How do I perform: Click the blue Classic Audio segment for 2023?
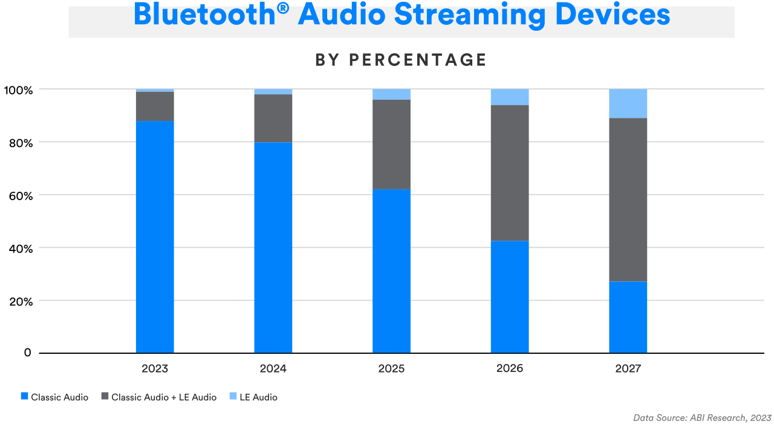coord(155,236)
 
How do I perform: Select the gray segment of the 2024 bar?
coord(273,119)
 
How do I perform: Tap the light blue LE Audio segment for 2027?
coord(628,103)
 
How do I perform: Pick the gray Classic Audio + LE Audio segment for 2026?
coord(510,173)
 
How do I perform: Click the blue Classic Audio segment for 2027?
coord(628,317)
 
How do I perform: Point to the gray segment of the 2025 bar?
coord(391,145)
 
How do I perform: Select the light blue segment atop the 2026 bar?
coord(510,97)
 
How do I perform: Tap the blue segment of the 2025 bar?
coord(391,271)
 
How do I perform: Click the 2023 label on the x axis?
coord(155,368)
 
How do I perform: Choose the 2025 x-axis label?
coord(391,368)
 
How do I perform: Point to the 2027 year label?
coord(628,368)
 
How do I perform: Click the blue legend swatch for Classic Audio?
coord(24,397)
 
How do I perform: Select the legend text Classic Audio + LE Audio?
coord(164,397)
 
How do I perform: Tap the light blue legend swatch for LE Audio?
coord(233,397)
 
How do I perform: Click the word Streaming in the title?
coord(469,15)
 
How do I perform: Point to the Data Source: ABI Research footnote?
coord(702,417)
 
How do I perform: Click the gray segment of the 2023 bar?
coord(155,106)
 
